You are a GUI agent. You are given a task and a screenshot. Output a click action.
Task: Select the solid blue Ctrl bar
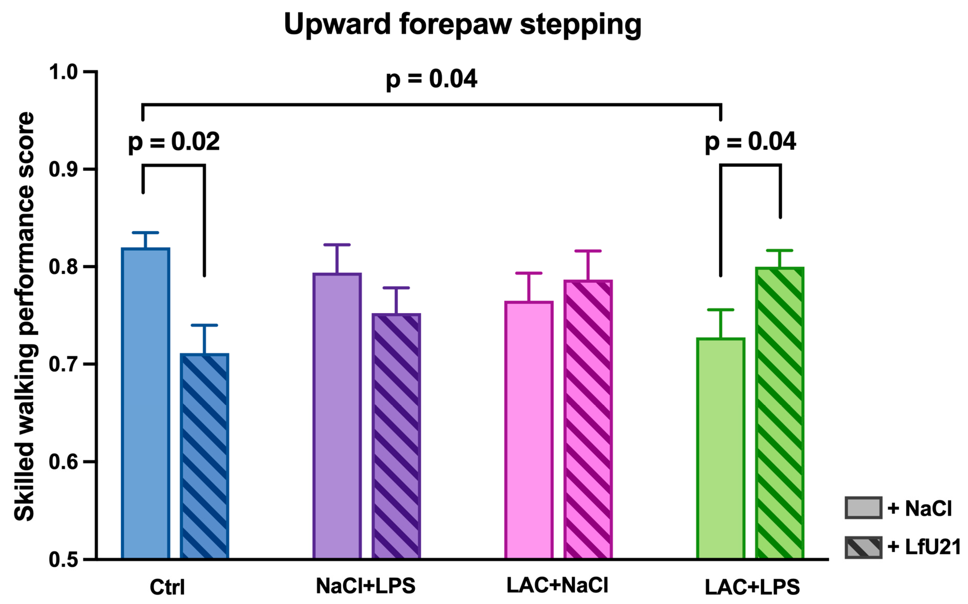point(146,404)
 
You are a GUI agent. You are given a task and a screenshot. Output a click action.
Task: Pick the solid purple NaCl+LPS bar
point(337,416)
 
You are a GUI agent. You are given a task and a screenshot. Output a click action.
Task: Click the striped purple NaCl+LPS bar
point(396,436)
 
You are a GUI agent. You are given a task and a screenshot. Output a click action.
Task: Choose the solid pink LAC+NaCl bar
point(529,430)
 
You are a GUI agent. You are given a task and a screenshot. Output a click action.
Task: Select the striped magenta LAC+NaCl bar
point(588,419)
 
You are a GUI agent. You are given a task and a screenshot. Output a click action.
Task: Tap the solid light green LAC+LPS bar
point(721,448)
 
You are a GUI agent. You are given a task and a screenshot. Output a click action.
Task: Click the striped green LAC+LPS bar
point(779,413)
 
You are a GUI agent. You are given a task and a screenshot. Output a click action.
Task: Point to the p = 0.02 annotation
point(174,142)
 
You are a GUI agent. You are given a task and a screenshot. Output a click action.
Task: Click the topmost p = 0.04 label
point(431,79)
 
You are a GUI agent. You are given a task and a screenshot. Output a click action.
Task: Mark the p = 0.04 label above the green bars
point(750,142)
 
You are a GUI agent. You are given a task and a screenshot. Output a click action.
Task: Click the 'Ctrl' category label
point(167,587)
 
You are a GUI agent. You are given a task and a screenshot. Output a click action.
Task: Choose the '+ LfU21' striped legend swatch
point(863,547)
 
